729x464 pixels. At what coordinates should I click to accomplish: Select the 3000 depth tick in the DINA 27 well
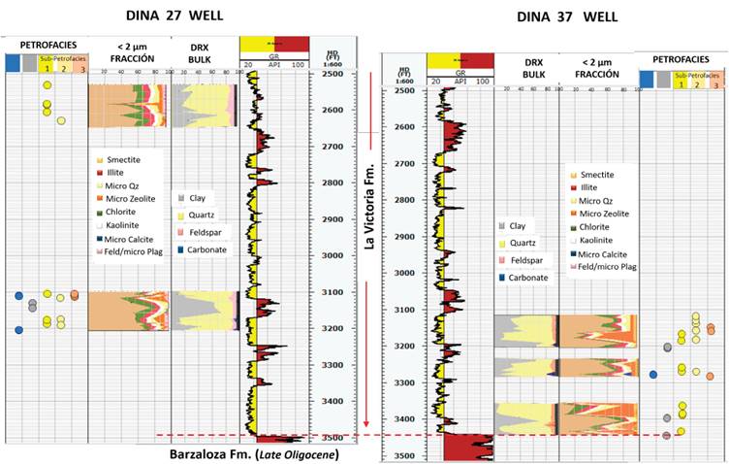coord(333,255)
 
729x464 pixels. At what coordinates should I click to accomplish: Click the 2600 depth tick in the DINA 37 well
coord(404,127)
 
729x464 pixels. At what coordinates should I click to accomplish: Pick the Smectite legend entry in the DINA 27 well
coord(122,158)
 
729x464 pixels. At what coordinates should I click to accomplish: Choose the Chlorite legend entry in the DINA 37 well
coord(599,222)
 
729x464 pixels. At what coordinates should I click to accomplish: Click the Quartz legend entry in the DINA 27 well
coord(200,215)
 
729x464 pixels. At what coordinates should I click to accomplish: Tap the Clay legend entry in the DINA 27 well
coord(197,198)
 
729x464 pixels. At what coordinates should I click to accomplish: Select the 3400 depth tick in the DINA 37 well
coord(404,419)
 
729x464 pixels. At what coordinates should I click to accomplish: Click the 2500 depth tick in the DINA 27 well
coord(333,75)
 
